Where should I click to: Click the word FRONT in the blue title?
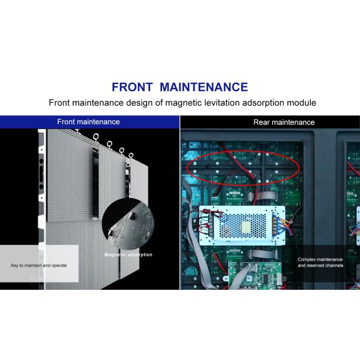[132, 87]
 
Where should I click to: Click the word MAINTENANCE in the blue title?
[203, 87]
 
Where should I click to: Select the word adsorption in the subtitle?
[263, 103]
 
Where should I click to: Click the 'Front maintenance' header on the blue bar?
[88, 122]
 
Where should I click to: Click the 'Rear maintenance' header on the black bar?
[284, 122]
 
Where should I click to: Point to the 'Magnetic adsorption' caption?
[128, 254]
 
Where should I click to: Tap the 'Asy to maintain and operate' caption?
[38, 265]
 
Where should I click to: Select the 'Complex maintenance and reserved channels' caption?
[320, 262]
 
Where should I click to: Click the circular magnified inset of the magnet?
[128, 224]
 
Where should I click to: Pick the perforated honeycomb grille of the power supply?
[242, 226]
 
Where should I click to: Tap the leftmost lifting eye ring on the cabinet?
[96, 137]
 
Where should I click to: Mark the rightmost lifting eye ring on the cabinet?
[131, 155]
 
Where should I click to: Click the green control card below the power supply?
[256, 276]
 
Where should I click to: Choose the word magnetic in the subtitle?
[184, 103]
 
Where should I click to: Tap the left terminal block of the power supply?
[211, 224]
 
